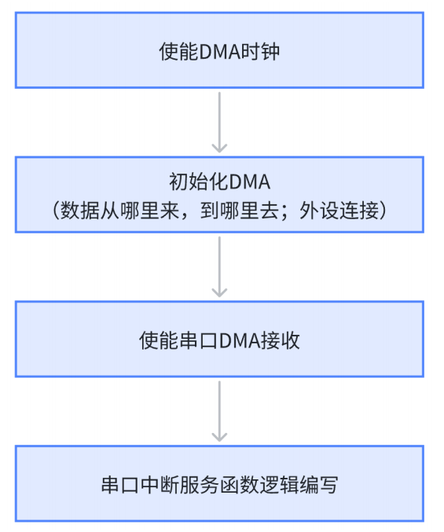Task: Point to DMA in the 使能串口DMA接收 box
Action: [x=240, y=341]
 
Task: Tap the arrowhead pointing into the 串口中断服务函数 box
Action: [x=220, y=436]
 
